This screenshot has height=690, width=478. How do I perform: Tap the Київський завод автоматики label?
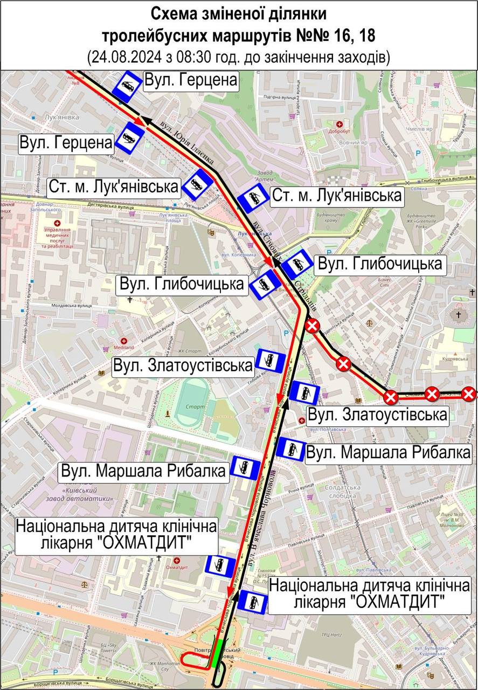coord(88,494)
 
